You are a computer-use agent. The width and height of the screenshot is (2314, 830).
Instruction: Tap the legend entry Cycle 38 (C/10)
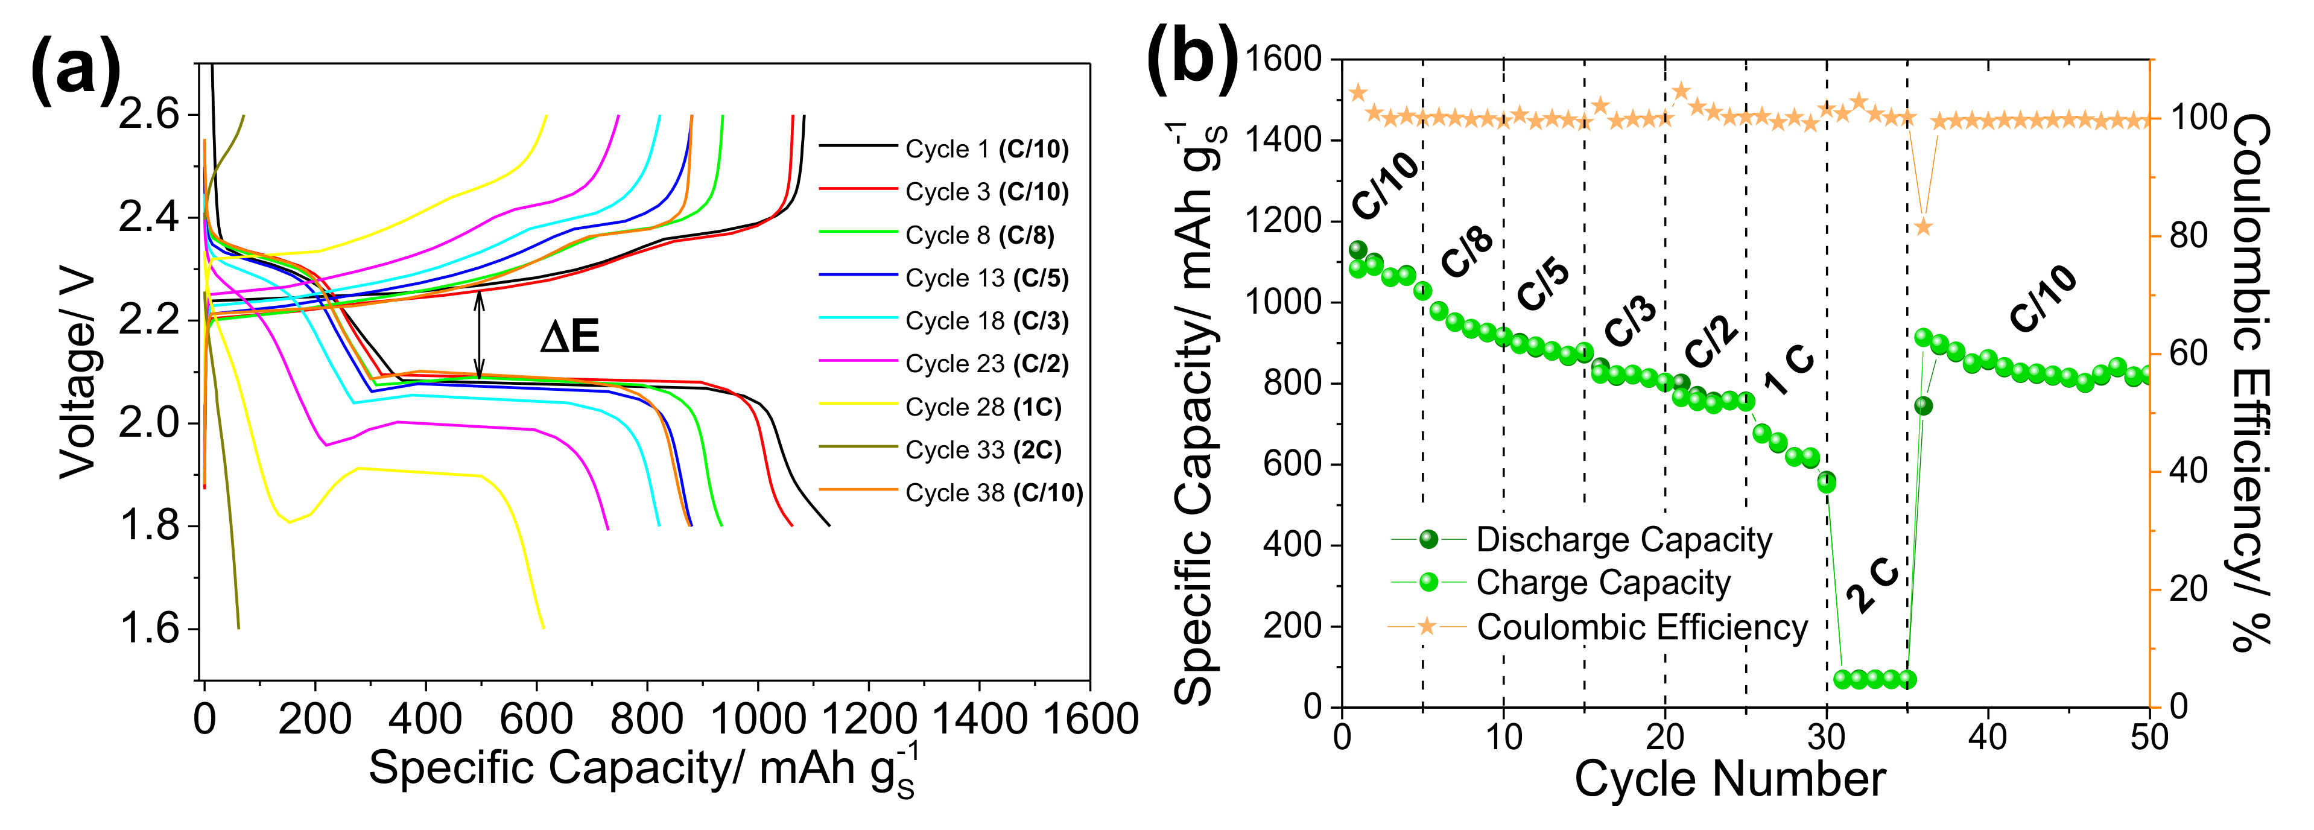994,493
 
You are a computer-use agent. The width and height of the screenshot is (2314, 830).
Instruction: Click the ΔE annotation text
569,337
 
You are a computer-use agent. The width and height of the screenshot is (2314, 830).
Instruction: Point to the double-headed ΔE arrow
480,334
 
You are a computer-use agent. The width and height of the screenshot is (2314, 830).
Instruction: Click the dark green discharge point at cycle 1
1357,250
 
